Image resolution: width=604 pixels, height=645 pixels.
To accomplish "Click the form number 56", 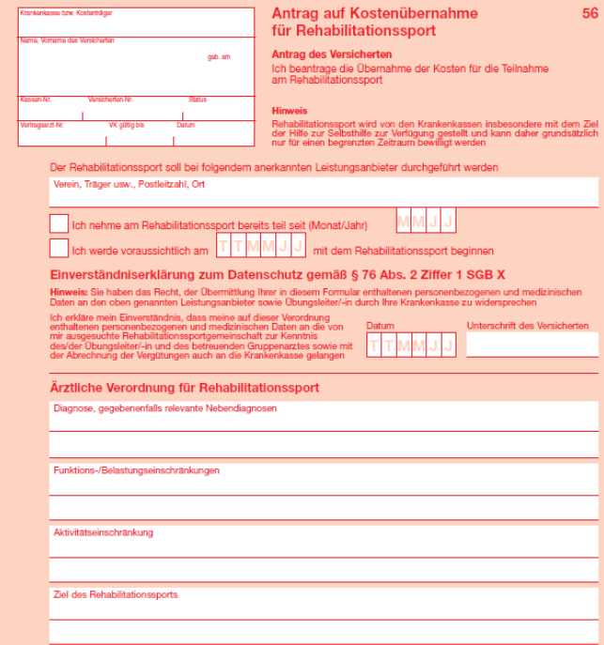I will point(589,13).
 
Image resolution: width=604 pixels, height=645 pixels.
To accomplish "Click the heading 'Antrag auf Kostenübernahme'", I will point(374,14).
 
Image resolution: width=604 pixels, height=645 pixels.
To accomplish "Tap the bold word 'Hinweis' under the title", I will point(289,110).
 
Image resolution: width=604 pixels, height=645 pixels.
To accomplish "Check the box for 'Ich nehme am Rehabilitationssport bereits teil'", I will point(59,223).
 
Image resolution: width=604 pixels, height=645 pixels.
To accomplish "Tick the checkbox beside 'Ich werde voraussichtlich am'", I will point(59,249).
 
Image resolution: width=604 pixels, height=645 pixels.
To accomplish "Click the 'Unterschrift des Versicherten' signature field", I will point(532,345).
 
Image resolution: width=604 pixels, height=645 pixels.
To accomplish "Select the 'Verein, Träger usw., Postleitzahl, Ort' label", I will point(130,185).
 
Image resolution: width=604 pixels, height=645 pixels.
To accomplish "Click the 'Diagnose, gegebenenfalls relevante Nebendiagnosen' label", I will point(165,408).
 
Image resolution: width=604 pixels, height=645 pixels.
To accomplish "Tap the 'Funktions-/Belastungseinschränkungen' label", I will point(136,469).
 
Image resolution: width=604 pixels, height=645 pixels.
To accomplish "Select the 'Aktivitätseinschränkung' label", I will point(103,532).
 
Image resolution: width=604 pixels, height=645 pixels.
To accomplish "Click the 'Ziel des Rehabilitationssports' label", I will point(116,594).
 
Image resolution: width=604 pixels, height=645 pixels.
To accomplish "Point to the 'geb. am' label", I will point(219,57).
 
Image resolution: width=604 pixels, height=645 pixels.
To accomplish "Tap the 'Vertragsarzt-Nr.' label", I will point(41,125).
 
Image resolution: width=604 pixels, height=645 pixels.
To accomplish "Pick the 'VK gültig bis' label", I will point(126,125).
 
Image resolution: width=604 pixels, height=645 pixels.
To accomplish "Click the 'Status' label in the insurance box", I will point(197,99).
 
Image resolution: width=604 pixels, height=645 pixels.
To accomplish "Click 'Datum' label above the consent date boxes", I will point(380,326).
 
